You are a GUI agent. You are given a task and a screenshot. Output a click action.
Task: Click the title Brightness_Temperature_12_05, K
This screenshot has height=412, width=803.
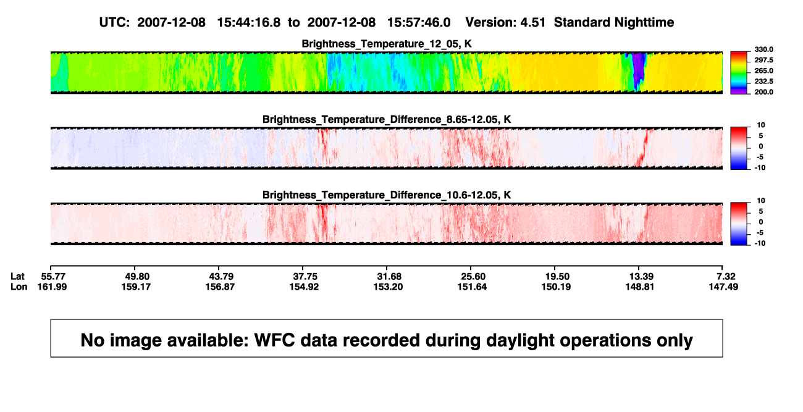click(387, 44)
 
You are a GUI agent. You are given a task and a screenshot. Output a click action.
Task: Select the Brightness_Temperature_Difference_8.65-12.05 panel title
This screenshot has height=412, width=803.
click(387, 119)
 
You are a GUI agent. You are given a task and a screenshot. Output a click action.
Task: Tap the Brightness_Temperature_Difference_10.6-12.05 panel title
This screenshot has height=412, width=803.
click(387, 195)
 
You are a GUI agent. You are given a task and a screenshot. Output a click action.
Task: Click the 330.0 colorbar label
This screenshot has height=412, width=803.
click(763, 49)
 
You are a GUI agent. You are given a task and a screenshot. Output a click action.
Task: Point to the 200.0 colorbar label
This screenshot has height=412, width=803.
click(763, 92)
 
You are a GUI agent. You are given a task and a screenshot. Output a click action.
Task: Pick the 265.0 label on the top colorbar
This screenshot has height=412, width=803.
click(763, 70)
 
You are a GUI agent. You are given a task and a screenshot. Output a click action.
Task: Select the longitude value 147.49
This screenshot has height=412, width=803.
click(723, 287)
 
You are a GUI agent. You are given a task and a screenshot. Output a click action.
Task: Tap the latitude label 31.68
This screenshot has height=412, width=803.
click(389, 277)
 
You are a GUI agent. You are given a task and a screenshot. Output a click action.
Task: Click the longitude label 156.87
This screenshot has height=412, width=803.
click(220, 287)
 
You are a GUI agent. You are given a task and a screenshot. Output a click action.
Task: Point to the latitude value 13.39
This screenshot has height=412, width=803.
click(641, 277)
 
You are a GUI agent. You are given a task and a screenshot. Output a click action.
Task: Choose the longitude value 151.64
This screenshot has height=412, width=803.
click(472, 287)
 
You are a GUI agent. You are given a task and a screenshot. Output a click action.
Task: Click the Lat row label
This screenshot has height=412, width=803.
click(17, 277)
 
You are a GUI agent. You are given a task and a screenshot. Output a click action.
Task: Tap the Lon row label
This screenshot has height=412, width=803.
click(19, 287)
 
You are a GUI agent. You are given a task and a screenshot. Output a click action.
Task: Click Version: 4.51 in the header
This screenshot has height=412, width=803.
click(505, 22)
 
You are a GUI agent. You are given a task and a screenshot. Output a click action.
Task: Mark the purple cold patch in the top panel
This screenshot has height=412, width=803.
click(637, 70)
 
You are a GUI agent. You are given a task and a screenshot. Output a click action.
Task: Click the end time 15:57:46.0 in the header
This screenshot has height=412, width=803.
click(419, 22)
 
